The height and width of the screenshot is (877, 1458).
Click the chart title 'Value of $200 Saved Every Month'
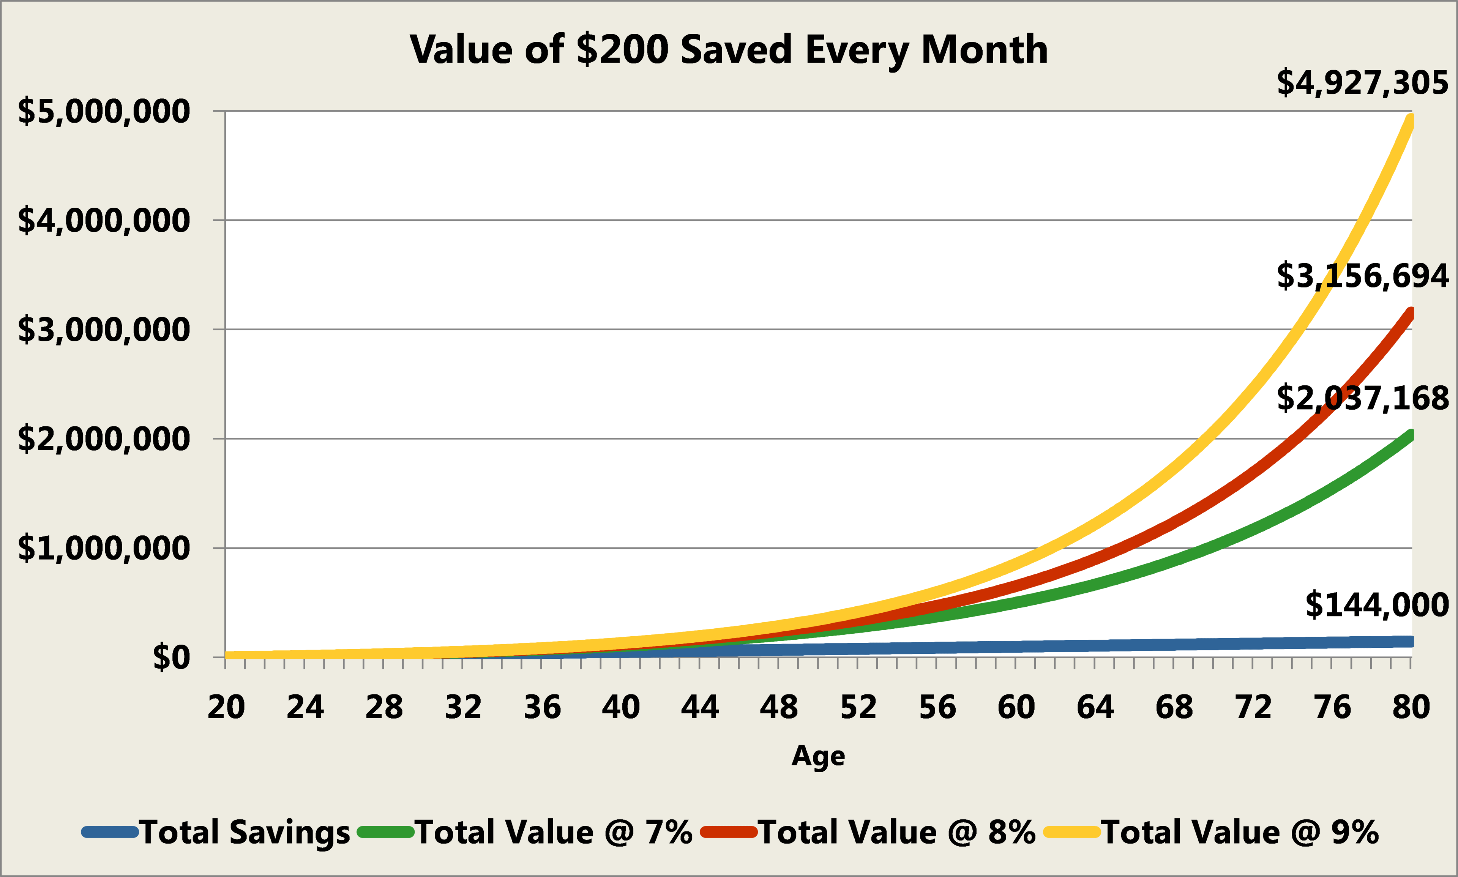click(729, 50)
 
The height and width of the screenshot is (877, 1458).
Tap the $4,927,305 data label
click(1362, 83)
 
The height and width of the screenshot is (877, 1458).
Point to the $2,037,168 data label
click(1362, 398)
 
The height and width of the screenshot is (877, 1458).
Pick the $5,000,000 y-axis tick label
click(104, 112)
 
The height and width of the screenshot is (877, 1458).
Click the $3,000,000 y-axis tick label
click(104, 330)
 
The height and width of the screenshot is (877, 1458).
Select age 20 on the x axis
click(226, 707)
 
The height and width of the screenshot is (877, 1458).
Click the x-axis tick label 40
click(620, 707)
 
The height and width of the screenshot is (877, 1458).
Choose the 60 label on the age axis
click(1016, 707)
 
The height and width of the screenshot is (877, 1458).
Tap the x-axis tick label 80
click(1411, 707)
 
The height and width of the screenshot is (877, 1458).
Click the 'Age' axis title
click(818, 756)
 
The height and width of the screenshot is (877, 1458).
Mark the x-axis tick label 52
click(858, 707)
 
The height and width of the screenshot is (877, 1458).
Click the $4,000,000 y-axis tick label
click(104, 221)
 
